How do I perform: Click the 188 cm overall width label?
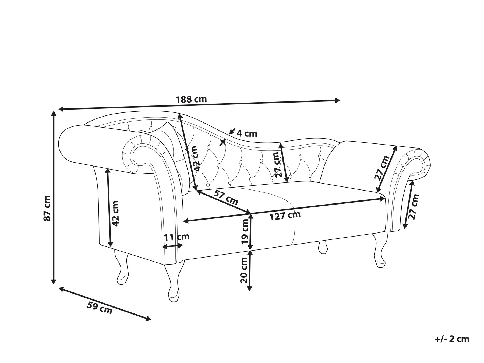click(x=191, y=99)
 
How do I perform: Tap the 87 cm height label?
click(x=47, y=208)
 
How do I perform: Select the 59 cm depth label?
click(x=99, y=308)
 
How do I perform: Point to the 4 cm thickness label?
click(x=247, y=133)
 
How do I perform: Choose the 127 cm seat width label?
click(x=285, y=216)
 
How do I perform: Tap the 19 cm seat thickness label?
click(x=245, y=231)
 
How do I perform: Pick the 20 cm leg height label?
click(x=244, y=270)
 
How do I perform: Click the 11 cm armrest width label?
click(x=177, y=237)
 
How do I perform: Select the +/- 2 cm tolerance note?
click(x=452, y=339)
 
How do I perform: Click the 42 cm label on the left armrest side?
click(x=115, y=213)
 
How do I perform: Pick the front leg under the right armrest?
click(x=379, y=250)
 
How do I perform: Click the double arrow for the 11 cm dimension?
click(x=173, y=246)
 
